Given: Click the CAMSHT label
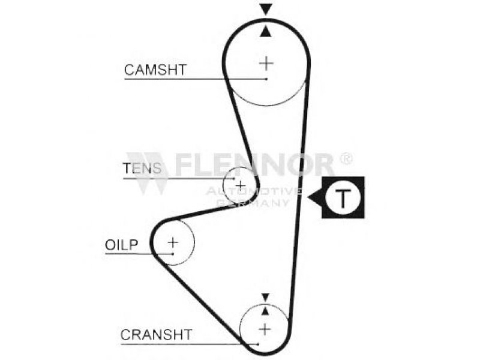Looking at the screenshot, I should pyautogui.click(x=155, y=70).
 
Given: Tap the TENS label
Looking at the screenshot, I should pyautogui.click(x=142, y=169).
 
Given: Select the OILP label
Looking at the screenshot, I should pyautogui.click(x=122, y=244).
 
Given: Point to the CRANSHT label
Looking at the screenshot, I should pyautogui.click(x=156, y=334).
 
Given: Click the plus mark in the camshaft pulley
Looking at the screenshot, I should pyautogui.click(x=265, y=62).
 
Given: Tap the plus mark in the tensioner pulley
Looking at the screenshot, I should pyautogui.click(x=240, y=184).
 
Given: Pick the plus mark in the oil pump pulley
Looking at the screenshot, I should pyautogui.click(x=173, y=242).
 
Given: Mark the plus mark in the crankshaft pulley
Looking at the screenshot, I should pyautogui.click(x=264, y=329).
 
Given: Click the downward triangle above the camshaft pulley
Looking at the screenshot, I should pyautogui.click(x=266, y=9).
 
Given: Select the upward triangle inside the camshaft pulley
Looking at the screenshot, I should pyautogui.click(x=266, y=31).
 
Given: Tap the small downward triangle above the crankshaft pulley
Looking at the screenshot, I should pyautogui.click(x=265, y=296).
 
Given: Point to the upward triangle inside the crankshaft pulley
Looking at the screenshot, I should pyautogui.click(x=265, y=310).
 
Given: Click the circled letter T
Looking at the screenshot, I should pyautogui.click(x=342, y=197).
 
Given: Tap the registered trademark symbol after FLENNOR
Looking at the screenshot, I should pyautogui.click(x=346, y=158).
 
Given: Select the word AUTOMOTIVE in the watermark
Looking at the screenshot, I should pyautogui.click(x=253, y=191).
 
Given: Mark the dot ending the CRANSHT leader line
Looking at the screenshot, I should pyautogui.click(x=257, y=344).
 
